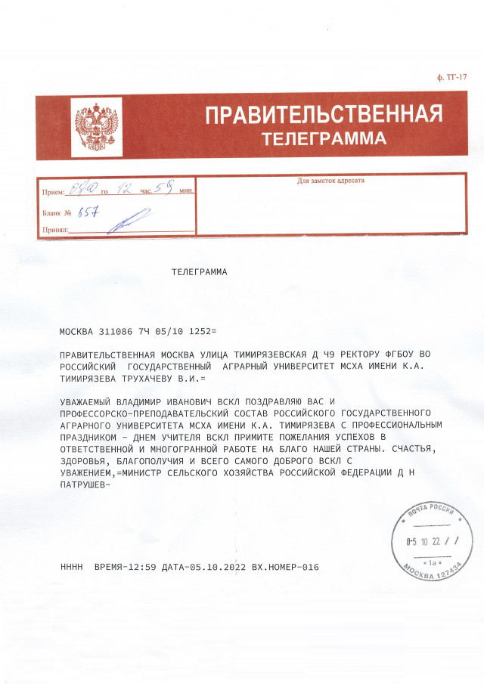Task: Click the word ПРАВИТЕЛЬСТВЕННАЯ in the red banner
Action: pos(324,116)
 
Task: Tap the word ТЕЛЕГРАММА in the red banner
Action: pos(324,139)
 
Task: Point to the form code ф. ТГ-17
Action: pos(453,78)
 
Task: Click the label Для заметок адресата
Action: pos(330,181)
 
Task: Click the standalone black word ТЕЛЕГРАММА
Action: pos(199,271)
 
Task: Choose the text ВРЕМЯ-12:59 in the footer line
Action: pos(125,566)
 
